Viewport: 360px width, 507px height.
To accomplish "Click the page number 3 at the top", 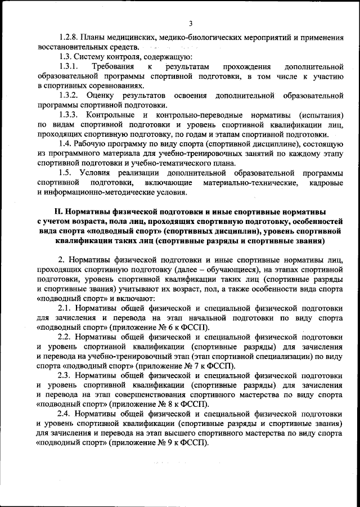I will coord(191,23).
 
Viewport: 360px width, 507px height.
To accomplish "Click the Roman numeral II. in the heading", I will coord(57,213).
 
